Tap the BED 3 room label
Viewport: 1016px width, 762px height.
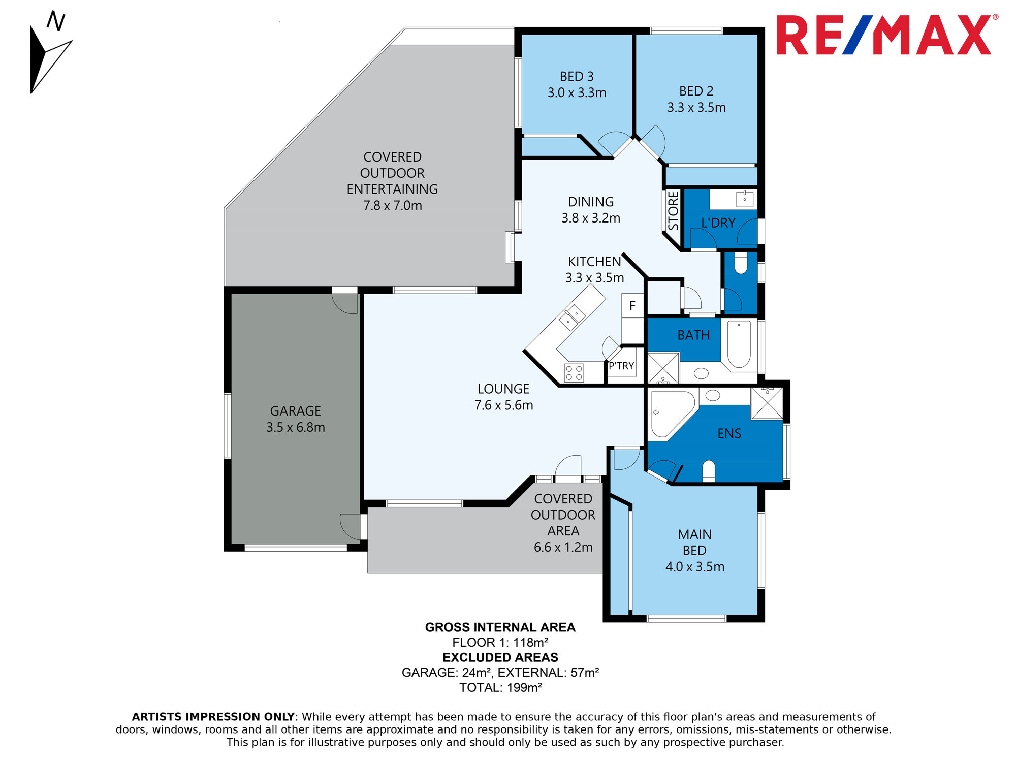pos(577,77)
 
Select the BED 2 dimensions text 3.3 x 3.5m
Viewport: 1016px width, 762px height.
pos(696,108)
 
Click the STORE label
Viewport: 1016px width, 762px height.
pos(673,211)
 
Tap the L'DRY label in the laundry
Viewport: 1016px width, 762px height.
pos(718,223)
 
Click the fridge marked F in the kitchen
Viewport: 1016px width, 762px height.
pos(632,306)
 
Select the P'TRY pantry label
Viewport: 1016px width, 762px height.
pos(621,366)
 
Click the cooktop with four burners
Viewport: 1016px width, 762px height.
pos(574,373)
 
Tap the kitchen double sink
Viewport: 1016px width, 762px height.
pos(573,317)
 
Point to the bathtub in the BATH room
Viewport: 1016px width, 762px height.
pos(739,344)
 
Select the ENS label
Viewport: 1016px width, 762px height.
pos(729,434)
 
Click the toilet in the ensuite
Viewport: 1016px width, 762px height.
pos(709,471)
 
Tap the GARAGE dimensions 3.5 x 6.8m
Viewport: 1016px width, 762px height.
pos(296,428)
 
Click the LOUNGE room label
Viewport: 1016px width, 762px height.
pos(503,389)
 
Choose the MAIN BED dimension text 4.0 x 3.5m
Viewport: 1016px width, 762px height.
pos(695,567)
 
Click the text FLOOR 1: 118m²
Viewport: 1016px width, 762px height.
pos(500,643)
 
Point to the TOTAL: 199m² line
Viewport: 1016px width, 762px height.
pos(500,688)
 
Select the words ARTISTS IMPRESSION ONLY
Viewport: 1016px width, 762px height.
pos(213,717)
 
